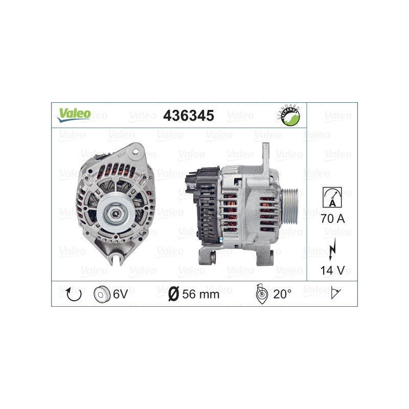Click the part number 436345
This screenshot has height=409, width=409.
pos(188,116)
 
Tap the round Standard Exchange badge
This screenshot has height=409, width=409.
pos(289,116)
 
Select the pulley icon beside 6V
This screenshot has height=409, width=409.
pos(102,294)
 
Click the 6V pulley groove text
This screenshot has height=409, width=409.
pos(120,294)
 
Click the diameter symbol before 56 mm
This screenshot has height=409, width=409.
pos(173,294)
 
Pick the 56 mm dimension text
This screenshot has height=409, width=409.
pos(200,294)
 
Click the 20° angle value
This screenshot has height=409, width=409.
pos(282,294)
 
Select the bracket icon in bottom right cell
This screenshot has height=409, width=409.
pos(336,294)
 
